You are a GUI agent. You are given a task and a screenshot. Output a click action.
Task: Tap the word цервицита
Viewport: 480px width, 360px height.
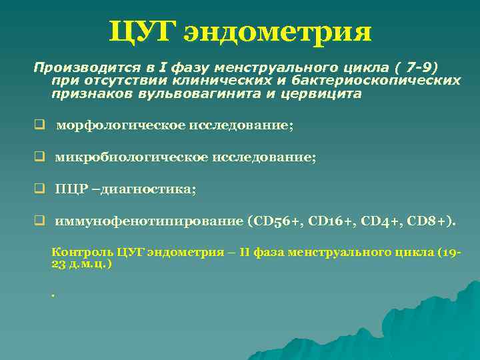tap(328, 94)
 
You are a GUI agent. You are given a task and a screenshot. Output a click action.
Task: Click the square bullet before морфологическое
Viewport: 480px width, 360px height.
tap(40, 125)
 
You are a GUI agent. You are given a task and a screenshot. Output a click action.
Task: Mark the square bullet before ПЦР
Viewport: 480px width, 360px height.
tap(40, 189)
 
